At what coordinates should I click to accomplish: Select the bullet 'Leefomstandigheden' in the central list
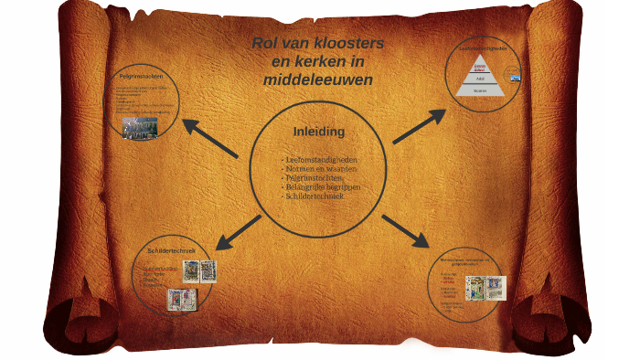(x=319, y=160)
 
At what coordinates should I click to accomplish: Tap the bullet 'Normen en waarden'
(x=319, y=169)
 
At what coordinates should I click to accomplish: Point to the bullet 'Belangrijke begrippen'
(x=323, y=187)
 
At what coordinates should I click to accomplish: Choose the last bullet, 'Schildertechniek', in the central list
(x=315, y=196)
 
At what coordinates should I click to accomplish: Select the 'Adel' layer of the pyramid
(x=480, y=79)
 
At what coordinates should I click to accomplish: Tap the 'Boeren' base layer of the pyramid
(x=480, y=90)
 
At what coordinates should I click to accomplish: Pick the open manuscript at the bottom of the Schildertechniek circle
(x=177, y=298)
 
